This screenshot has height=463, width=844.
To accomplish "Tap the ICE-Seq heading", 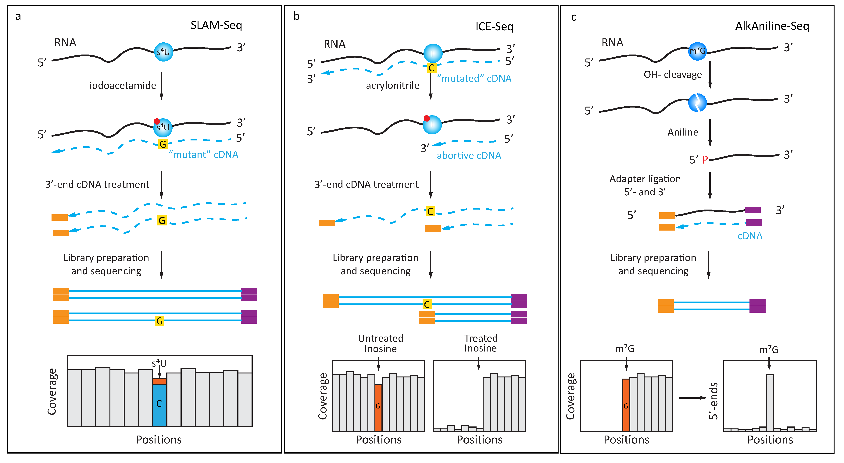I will pos(494,27).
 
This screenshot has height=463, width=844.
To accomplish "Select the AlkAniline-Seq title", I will pos(772,26).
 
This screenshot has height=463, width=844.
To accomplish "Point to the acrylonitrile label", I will pos(392,85).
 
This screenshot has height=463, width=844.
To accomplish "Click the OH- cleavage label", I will pos(672,75).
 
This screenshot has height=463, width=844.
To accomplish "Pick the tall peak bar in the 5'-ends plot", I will pos(770,401).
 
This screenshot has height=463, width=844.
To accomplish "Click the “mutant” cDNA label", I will pos(203,154).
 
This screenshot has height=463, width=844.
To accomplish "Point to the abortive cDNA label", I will pos(469,156).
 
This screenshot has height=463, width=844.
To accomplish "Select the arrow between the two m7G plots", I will pos(692,398).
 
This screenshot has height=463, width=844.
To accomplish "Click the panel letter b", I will pos(296,16).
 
